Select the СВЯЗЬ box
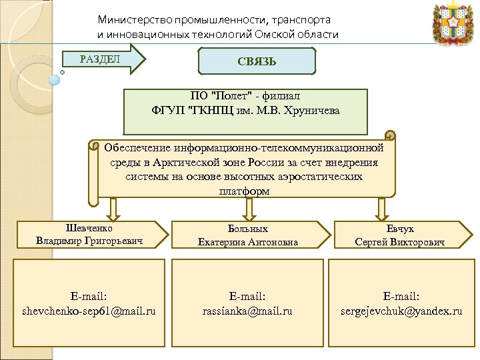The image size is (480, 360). click(x=257, y=61)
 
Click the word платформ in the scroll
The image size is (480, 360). click(x=244, y=191)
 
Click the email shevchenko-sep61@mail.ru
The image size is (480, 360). click(x=89, y=311)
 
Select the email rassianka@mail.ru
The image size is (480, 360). click(x=247, y=311)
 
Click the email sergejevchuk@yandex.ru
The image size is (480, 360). click(x=401, y=311)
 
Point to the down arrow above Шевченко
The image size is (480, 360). click(x=114, y=209)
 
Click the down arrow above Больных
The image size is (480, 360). click(x=248, y=209)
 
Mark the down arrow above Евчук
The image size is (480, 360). click(x=381, y=209)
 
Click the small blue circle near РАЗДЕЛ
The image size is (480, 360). click(x=55, y=79)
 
